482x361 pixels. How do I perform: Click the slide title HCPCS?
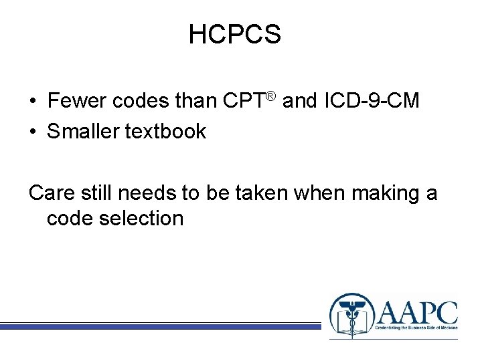pos(234,34)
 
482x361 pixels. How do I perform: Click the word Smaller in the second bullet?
pos(83,132)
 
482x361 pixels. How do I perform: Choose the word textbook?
pos(166,132)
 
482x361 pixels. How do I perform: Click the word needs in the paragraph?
pos(142,194)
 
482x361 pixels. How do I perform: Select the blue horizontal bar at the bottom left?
pos(161,326)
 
